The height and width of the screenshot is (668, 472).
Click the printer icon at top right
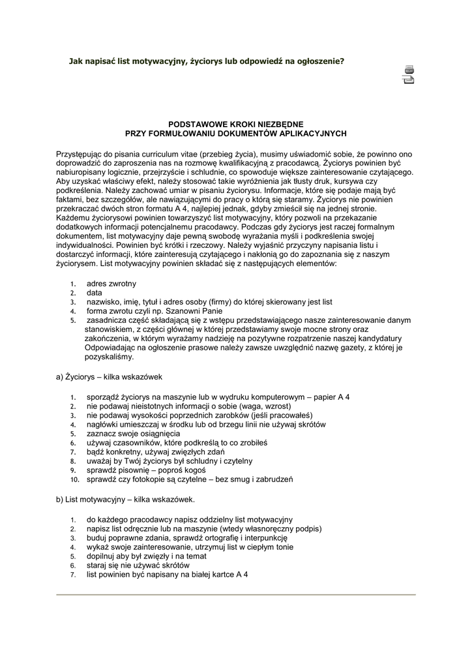(x=409, y=69)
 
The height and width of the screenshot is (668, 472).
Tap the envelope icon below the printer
(x=409, y=80)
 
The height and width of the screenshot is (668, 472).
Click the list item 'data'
(x=95, y=294)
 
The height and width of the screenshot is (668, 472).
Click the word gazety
(x=359, y=348)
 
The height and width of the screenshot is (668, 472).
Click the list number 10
(x=74, y=479)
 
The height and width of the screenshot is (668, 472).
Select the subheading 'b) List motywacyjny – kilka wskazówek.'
(x=126, y=500)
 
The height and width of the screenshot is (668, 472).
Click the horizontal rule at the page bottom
(x=236, y=595)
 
